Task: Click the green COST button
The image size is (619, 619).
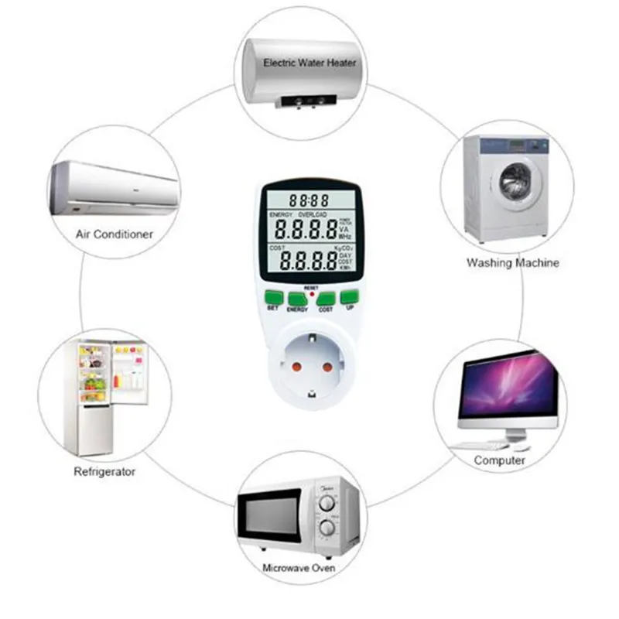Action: coord(325,298)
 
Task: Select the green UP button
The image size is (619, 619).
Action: coord(350,296)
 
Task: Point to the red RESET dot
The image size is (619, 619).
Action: coord(311,293)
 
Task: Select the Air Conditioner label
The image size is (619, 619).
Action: coord(115,233)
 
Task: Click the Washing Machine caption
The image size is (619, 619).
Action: coord(512,263)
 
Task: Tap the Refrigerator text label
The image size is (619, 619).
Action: coord(104,470)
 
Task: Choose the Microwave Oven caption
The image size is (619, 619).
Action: coord(299,569)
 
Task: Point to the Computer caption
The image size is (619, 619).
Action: coord(500,460)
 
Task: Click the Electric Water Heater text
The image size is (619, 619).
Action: coord(309,62)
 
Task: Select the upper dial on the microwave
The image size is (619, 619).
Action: coord(327,504)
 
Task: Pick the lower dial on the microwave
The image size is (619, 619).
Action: coord(327,528)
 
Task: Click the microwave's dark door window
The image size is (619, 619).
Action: coord(269,515)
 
